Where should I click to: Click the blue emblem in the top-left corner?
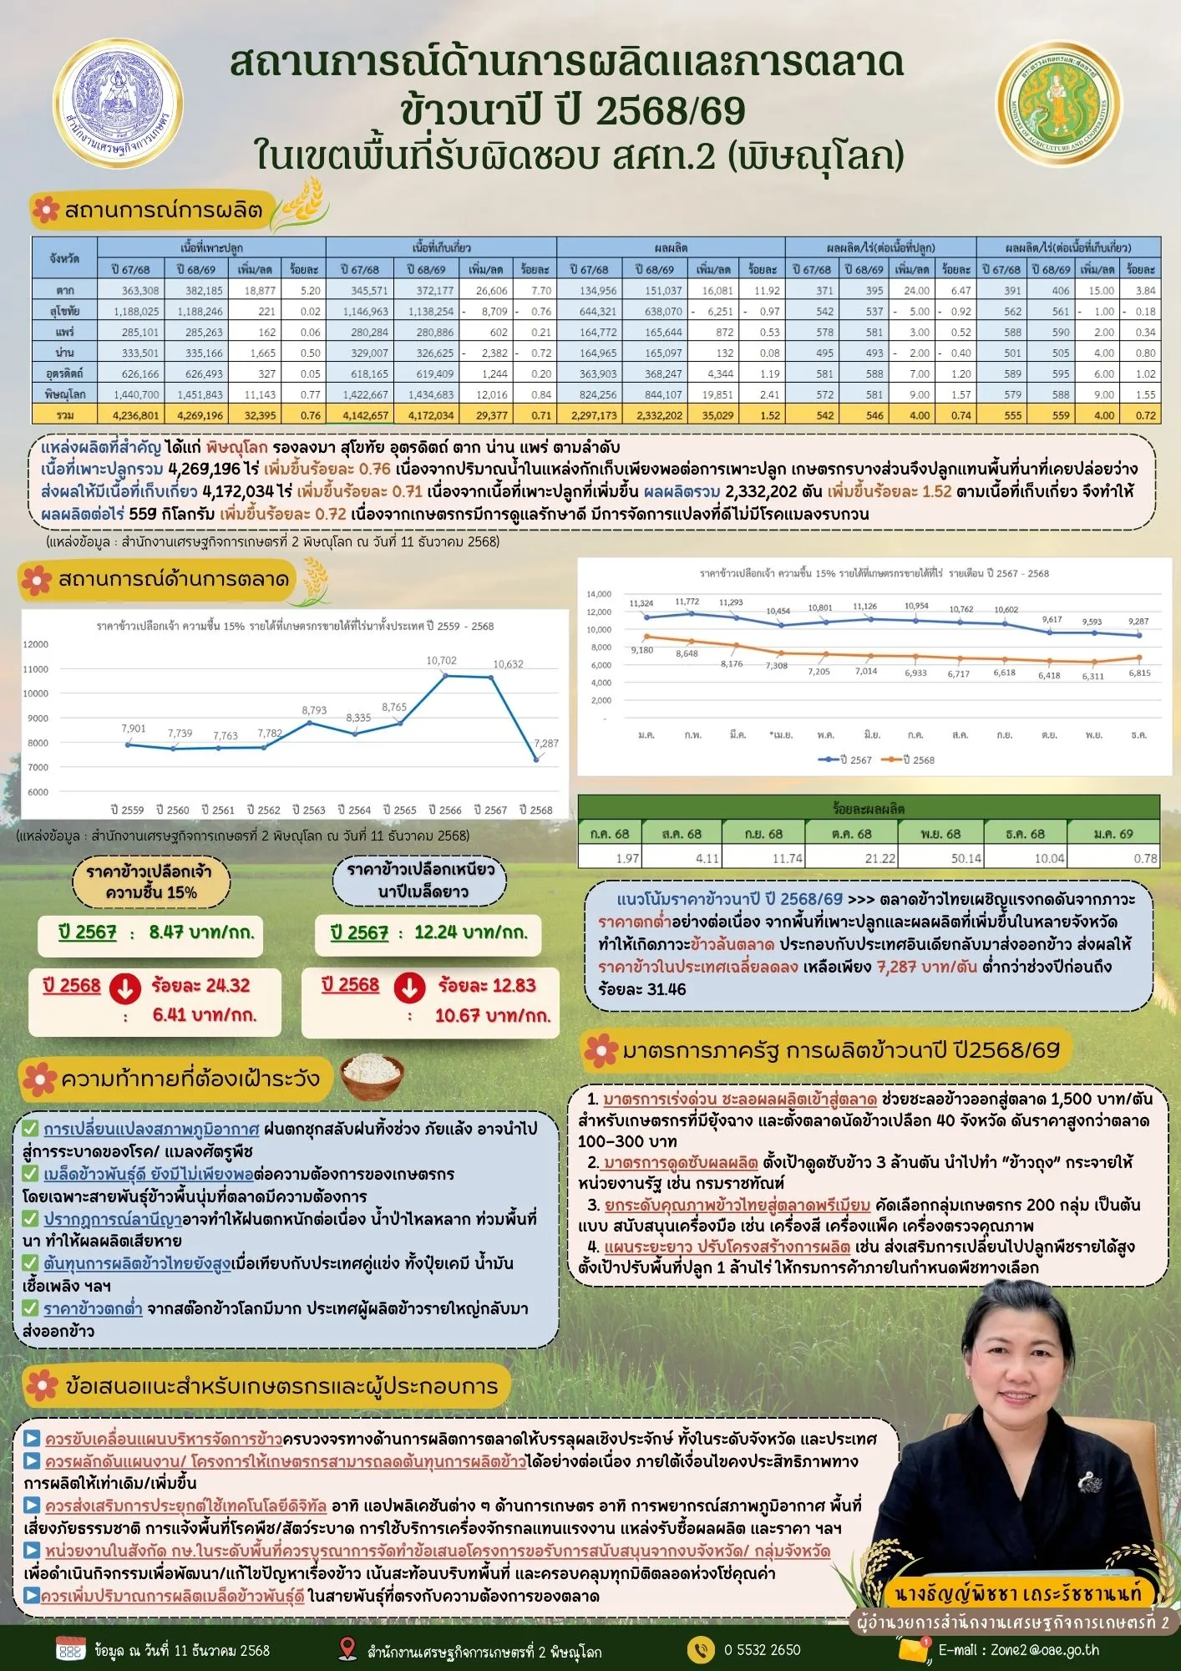coord(118,105)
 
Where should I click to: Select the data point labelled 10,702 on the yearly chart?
coord(445,675)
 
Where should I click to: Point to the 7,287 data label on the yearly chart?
coord(546,743)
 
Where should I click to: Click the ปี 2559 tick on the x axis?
coord(127,810)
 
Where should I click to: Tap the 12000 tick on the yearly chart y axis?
coord(36,644)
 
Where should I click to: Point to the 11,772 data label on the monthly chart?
coord(687,602)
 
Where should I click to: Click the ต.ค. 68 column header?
coord(851,833)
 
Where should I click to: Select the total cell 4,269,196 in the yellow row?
coord(193,414)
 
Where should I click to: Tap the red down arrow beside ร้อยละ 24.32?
coord(125,988)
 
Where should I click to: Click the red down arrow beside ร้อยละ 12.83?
coord(409,988)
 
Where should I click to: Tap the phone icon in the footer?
coord(700,1649)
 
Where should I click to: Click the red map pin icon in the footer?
coord(347,1648)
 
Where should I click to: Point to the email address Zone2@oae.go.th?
coord(1019,1650)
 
